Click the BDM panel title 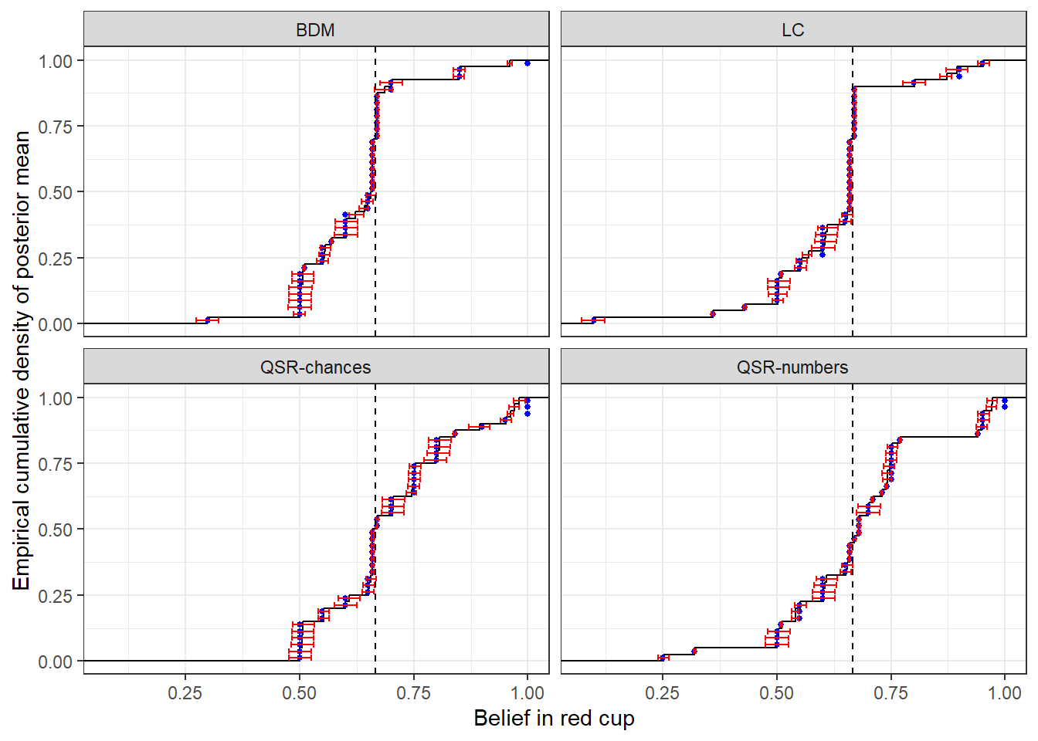315,30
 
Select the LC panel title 792,30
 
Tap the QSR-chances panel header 315,367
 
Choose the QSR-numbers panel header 792,367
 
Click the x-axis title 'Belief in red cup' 554,719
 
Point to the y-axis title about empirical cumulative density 22,360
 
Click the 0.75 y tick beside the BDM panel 56,127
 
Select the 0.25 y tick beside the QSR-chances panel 56,596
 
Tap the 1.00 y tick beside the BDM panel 56,61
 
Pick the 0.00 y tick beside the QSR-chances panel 56,661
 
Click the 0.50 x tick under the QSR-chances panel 299,693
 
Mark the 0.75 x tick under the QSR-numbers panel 890,693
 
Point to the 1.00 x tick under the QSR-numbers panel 1004,693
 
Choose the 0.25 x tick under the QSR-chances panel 185,693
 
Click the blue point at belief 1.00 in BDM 527,63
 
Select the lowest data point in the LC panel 593,320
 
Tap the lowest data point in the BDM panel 207,320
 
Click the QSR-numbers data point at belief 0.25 663,658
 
